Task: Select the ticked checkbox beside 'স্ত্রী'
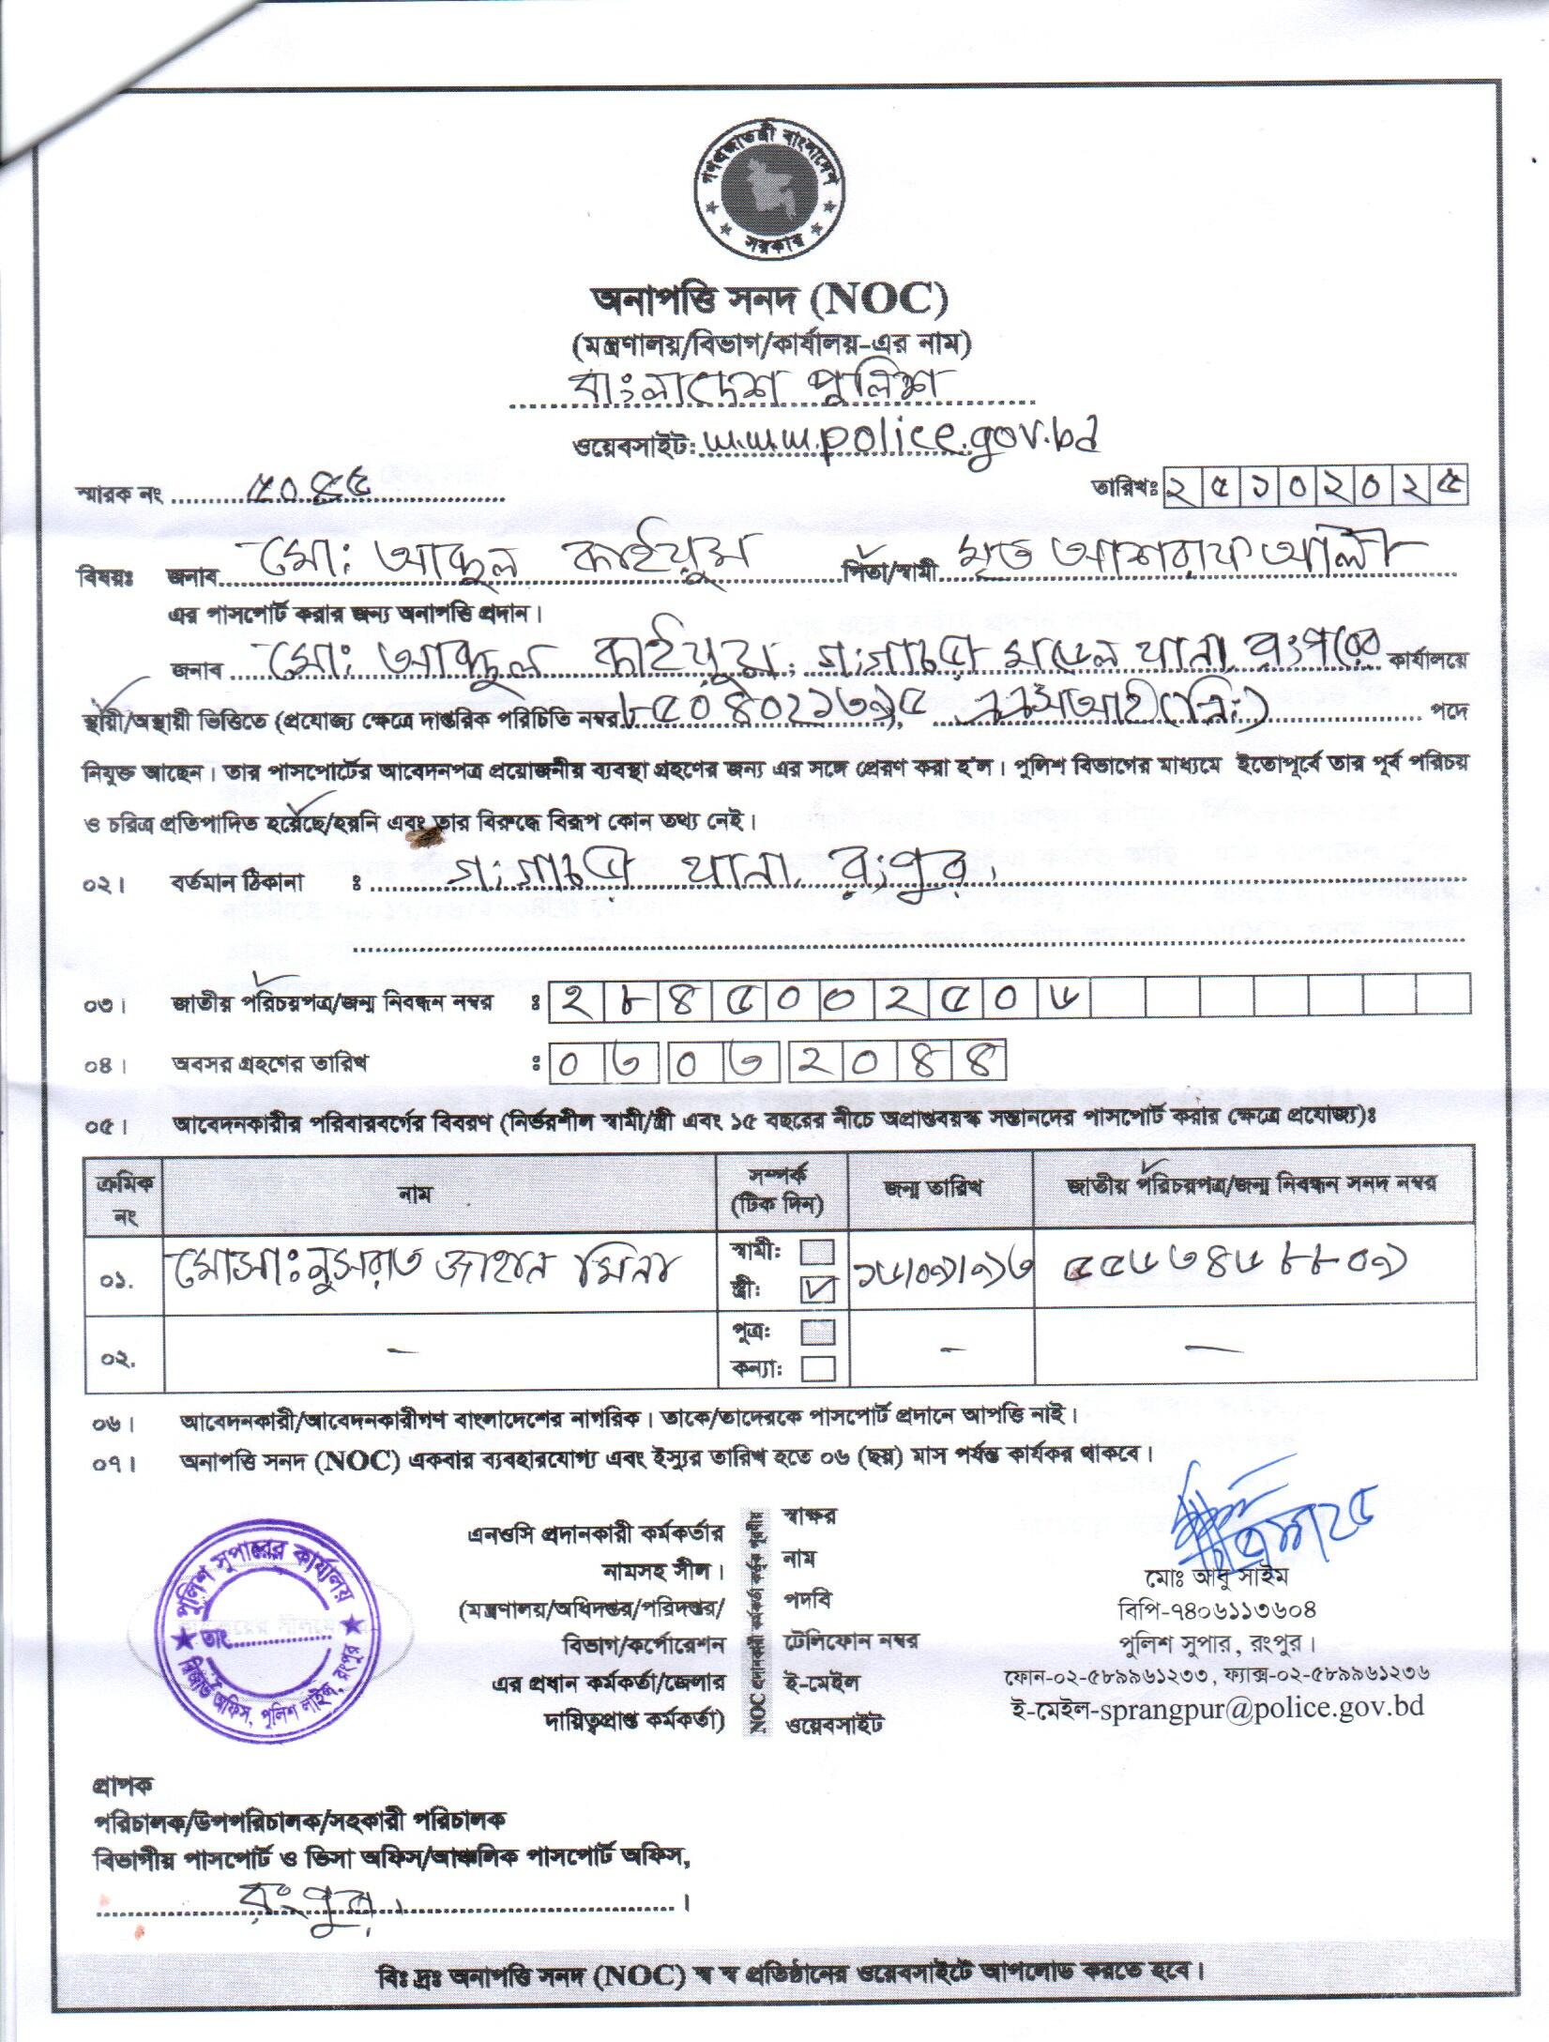click(817, 1291)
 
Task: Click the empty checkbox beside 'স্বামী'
click(817, 1252)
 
